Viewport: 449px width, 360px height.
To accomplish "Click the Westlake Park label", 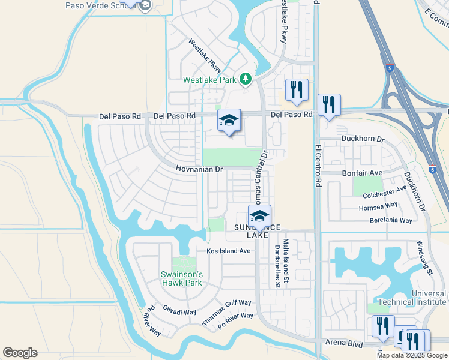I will pos(210,79).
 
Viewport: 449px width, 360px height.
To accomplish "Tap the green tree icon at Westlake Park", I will pos(245,79).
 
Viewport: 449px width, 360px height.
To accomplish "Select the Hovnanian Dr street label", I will pos(199,170).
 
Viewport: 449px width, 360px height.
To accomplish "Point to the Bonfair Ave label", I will pos(362,173).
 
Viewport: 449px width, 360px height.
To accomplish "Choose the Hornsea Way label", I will pos(378,206).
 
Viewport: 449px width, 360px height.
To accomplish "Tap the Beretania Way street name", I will pos(390,221).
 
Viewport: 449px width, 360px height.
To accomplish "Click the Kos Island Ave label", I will pos(228,251).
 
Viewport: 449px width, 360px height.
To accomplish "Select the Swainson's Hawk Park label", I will pos(182,278).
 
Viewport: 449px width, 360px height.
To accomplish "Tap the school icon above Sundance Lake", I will pos(259,216).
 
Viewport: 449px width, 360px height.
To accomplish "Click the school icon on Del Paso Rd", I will pos(229,120).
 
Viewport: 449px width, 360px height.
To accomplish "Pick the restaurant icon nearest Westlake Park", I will pos(296,90).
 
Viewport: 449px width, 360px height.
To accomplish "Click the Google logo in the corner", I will pos(20,353).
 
